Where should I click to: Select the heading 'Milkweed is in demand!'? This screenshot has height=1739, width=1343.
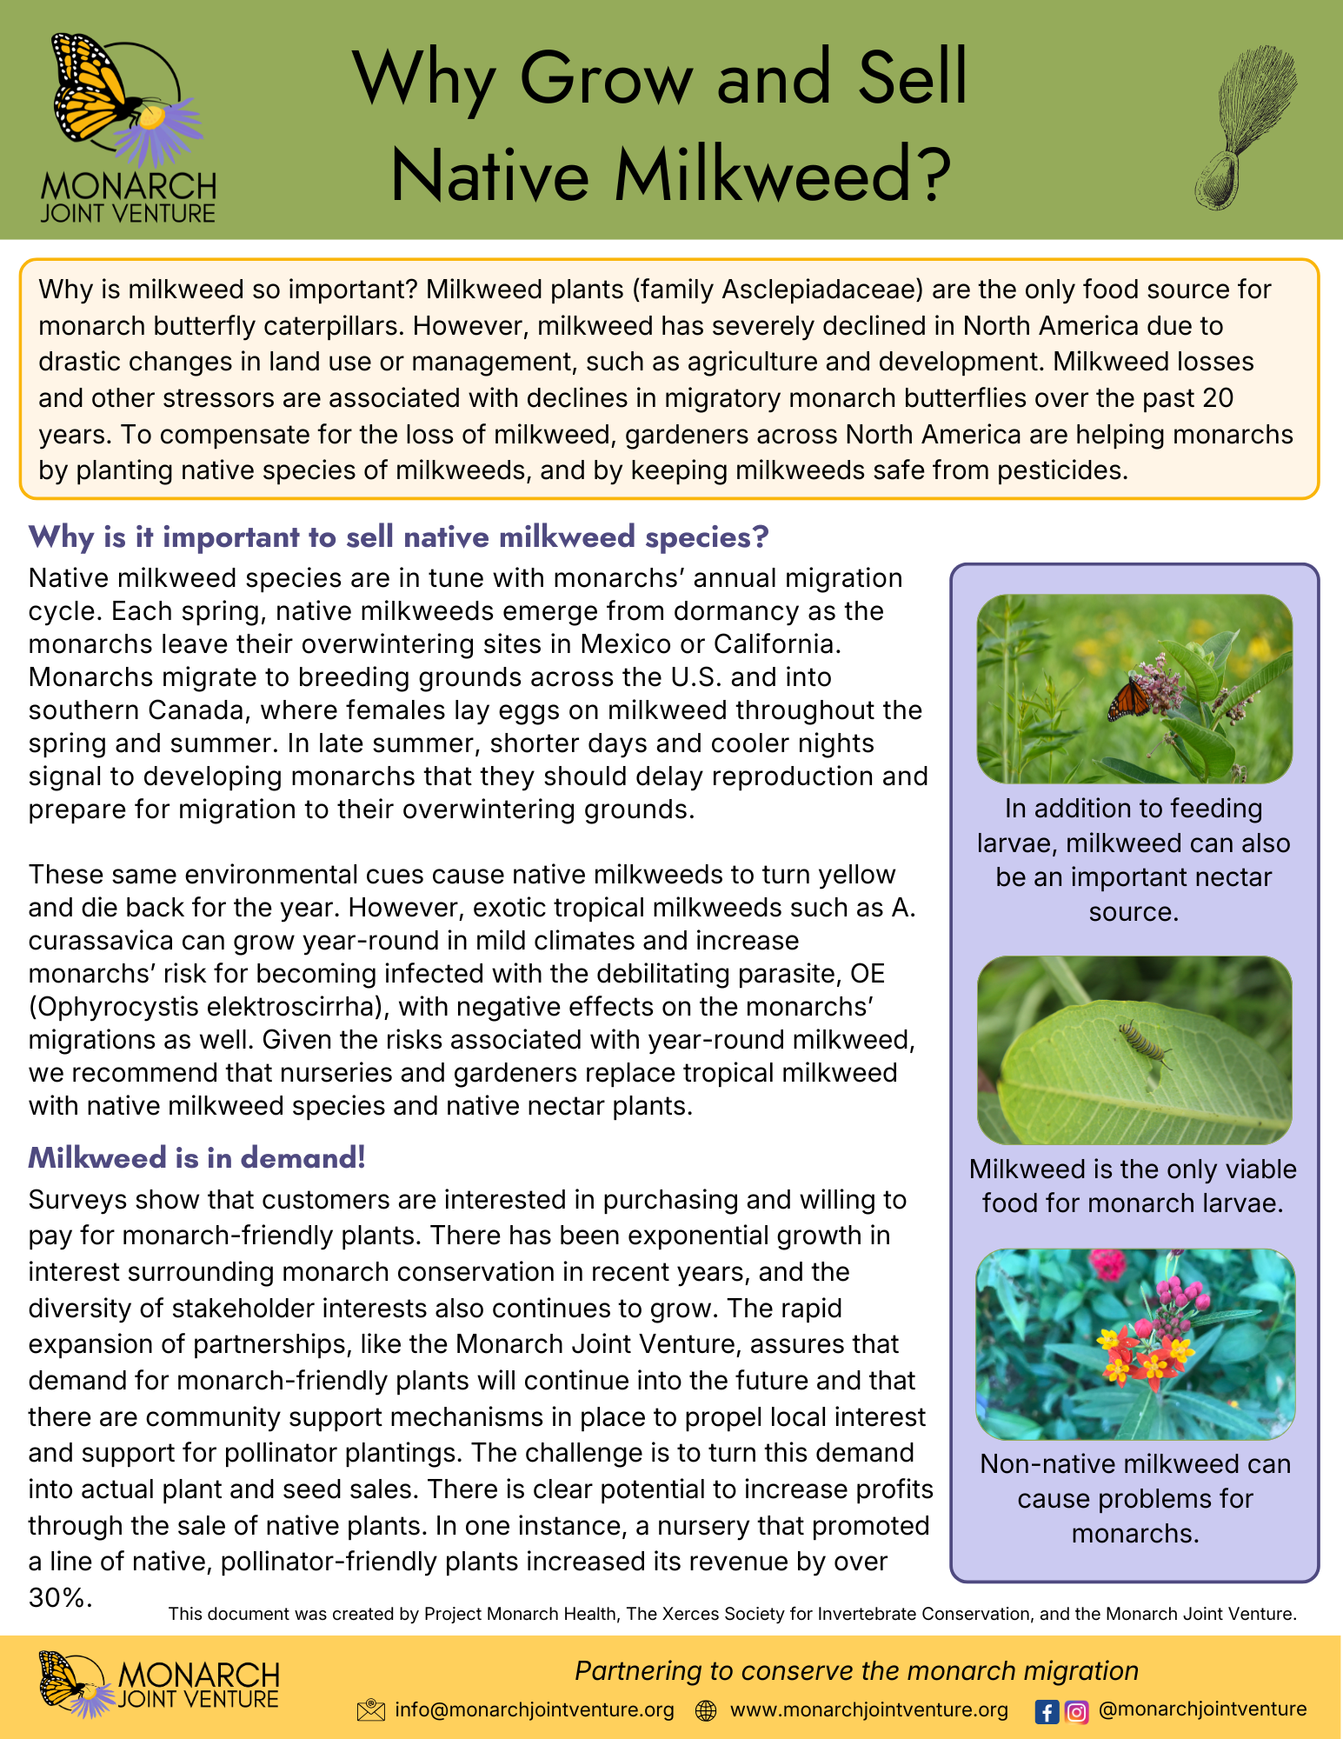[x=197, y=1158]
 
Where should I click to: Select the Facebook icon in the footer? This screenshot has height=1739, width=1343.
[x=1047, y=1712]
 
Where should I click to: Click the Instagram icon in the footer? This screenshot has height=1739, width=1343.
[x=1076, y=1712]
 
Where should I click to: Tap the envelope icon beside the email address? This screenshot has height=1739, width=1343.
[x=370, y=1711]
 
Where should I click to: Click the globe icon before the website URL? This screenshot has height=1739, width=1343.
[x=707, y=1711]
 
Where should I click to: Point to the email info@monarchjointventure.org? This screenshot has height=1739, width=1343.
[x=535, y=1710]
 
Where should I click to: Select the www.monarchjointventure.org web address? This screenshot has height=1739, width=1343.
[x=869, y=1710]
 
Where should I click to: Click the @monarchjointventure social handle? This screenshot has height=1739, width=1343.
[x=1202, y=1709]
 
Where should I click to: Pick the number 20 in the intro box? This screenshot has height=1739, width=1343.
[x=1218, y=398]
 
